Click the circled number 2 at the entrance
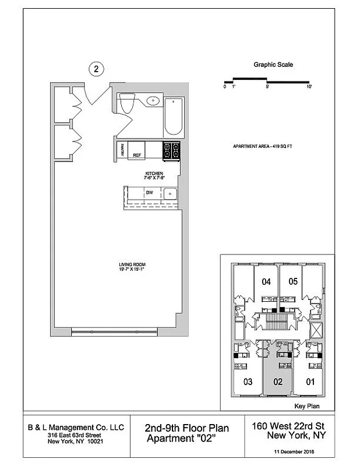pyautogui.click(x=97, y=69)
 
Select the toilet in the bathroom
pyautogui.click(x=128, y=104)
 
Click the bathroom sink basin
pyautogui.click(x=153, y=100)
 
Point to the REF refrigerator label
pyautogui.click(x=137, y=156)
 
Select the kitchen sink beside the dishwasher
pyautogui.click(x=169, y=193)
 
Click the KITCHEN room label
pyautogui.click(x=154, y=174)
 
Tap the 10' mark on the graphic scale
pyautogui.click(x=309, y=87)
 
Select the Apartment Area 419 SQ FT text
pyautogui.click(x=262, y=146)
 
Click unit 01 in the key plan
pyautogui.click(x=310, y=382)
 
